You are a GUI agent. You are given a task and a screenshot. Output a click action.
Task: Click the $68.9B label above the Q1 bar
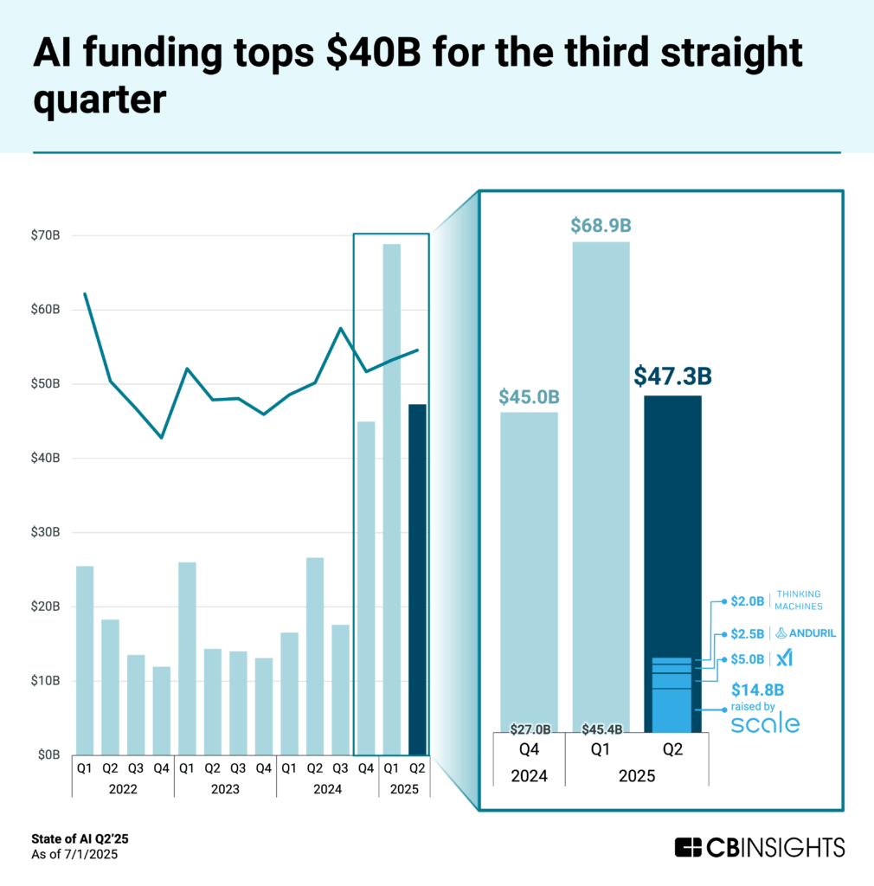601,226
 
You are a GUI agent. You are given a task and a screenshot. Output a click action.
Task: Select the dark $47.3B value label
672,376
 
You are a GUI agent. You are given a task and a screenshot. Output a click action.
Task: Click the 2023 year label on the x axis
225,789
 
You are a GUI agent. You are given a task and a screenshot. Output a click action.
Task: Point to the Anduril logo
806,633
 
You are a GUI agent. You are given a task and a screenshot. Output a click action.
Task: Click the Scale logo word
765,724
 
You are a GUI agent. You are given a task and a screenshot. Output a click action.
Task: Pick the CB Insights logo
759,847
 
